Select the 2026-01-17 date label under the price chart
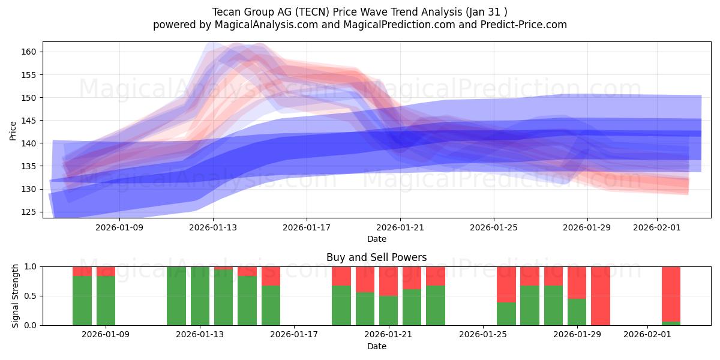tap(307, 227)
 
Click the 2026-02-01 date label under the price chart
tap(657, 227)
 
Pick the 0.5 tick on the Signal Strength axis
tap(30, 296)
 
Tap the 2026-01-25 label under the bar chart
tap(482, 334)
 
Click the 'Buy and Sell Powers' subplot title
tap(376, 257)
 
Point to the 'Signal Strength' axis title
tap(16, 296)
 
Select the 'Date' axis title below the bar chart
tap(376, 346)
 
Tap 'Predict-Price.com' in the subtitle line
tap(521, 25)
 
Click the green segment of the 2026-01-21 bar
tap(388, 310)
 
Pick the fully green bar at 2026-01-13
tap(200, 296)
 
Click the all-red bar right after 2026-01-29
tap(600, 296)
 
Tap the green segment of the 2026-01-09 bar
tap(106, 301)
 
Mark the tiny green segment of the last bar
tap(671, 323)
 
